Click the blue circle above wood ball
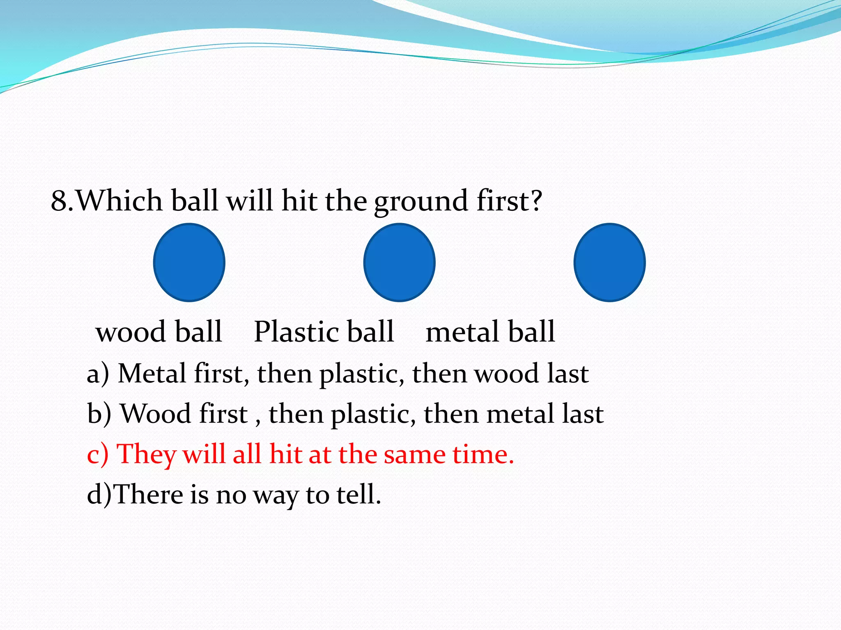(x=189, y=262)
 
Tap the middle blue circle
(x=399, y=262)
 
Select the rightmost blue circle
(x=609, y=262)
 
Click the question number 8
(x=59, y=201)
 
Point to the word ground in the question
(x=420, y=202)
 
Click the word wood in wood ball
(x=131, y=332)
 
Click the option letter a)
(x=98, y=374)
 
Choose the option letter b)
(x=99, y=414)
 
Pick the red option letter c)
(x=98, y=454)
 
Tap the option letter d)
(x=99, y=494)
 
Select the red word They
(x=146, y=454)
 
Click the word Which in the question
(x=119, y=201)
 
